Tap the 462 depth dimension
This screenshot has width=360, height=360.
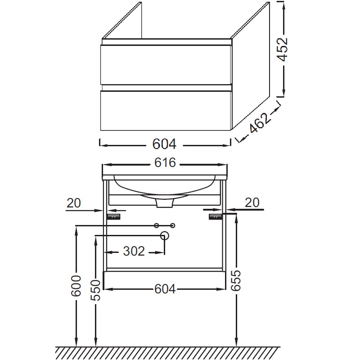pos(259,123)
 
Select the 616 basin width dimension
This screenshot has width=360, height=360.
pos(165,162)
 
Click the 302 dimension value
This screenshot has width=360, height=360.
pos(134,251)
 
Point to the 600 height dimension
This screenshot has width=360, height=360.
pos(76,286)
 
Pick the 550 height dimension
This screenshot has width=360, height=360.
pos(95,290)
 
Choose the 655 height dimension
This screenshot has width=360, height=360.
pos(236,280)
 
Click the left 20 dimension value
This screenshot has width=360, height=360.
pos(73,203)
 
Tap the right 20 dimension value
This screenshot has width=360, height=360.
pos(252,203)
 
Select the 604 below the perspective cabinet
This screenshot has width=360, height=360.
pos(164,144)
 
